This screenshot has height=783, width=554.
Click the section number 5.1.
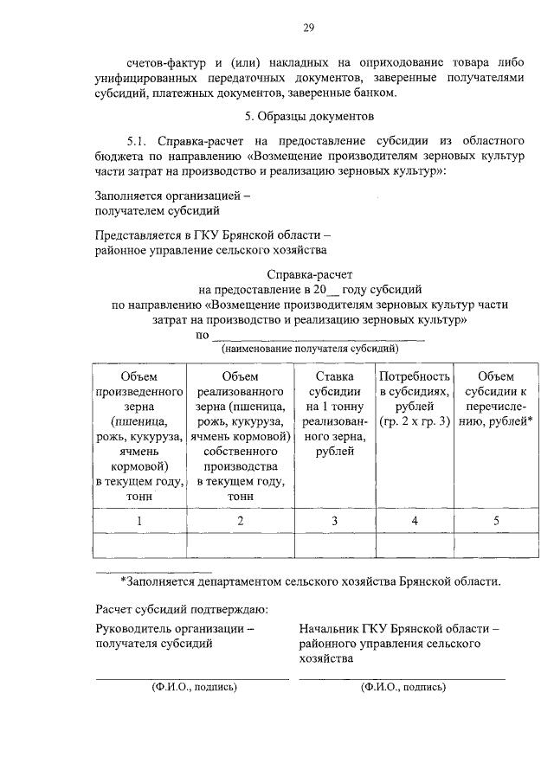click(139, 140)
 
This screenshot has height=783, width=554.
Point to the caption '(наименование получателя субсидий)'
click(309, 349)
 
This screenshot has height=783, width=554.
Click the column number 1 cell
click(140, 521)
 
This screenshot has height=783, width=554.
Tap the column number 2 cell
click(241, 521)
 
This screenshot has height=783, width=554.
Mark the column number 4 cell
click(415, 521)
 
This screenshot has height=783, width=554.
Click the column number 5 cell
click(495, 521)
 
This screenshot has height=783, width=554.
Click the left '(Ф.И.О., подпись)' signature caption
click(192, 687)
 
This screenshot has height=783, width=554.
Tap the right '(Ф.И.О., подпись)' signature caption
click(403, 687)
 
